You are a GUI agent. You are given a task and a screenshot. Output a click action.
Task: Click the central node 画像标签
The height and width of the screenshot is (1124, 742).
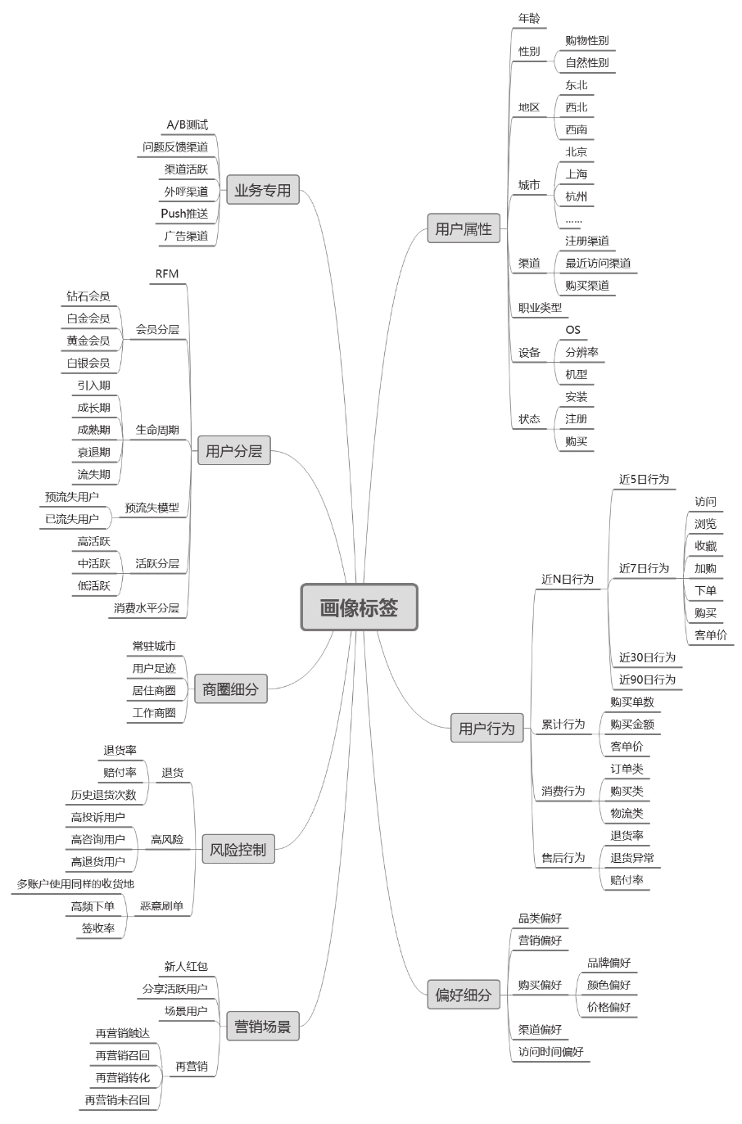point(359,607)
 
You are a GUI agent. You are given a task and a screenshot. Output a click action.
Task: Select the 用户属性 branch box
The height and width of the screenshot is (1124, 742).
point(464,229)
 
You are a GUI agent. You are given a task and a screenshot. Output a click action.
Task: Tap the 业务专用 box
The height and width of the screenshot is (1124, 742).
point(263,191)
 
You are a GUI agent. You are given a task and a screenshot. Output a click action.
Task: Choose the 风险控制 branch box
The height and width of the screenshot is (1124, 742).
point(238,850)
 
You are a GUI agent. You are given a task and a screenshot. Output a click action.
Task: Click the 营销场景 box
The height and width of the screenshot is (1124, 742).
point(263,1026)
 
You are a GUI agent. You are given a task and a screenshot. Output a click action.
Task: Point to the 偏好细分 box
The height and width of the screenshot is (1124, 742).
point(464,995)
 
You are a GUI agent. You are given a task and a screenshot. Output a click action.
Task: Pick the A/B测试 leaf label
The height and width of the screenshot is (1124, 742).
point(188,125)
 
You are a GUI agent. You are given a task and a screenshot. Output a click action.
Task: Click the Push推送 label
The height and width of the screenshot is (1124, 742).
point(184,214)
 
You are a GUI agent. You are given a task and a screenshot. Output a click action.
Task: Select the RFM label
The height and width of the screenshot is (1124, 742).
point(166,273)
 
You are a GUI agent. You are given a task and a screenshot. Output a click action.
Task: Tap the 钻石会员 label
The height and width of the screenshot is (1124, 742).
point(88,296)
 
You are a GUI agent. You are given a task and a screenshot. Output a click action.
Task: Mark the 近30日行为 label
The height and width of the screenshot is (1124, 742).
point(647,657)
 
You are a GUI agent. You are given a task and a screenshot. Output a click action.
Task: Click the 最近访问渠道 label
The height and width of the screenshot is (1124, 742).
point(598,264)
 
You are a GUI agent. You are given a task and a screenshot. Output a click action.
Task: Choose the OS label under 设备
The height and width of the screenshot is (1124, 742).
point(572,330)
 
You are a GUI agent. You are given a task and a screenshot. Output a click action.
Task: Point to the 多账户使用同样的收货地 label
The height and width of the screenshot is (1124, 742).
point(75,884)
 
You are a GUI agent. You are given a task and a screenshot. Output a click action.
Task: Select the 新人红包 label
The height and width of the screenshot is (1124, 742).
point(186,966)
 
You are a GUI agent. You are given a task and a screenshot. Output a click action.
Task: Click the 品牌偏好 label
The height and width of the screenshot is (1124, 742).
point(609,963)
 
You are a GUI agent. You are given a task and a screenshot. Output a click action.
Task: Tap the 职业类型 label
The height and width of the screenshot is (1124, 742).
point(541,308)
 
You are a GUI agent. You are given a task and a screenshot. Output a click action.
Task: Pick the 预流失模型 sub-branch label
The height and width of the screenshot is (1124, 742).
point(152,508)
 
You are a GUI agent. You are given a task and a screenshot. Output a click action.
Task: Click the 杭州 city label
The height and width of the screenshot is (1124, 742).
point(577,196)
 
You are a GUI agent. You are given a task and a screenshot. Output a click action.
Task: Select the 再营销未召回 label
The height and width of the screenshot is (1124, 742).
point(117,1100)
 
